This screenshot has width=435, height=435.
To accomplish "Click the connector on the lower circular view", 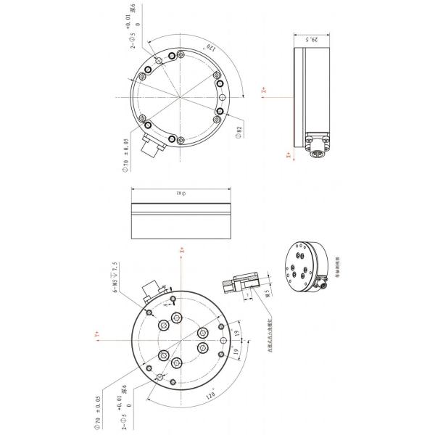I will (151, 290).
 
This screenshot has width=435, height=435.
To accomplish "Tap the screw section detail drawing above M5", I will (246, 285).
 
